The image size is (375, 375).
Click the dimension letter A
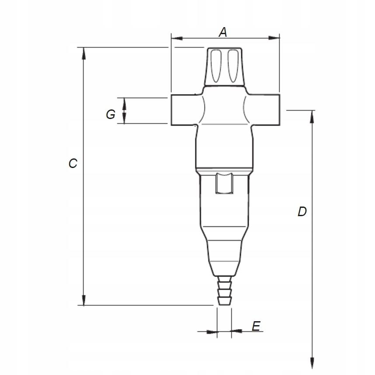point(223,32)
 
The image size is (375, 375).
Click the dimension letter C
point(73,163)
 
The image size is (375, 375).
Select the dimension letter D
point(302,212)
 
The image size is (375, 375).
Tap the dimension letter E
point(256,326)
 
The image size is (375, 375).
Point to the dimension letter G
point(111,115)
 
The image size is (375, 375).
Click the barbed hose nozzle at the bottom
point(224,291)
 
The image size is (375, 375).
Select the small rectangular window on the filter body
point(225,183)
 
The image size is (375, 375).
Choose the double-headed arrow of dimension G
point(124,110)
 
